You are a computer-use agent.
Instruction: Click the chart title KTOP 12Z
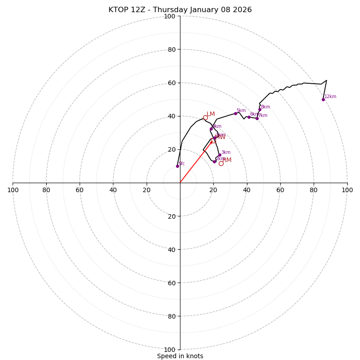pos(180,10)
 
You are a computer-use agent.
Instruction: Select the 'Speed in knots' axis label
pos(180,356)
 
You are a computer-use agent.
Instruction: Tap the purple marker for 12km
pos(323,99)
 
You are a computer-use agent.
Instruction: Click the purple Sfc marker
pos(177,166)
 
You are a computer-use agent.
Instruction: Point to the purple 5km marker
pos(235,113)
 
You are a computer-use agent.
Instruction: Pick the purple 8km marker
pos(260,109)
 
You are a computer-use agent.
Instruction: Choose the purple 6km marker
pos(249,117)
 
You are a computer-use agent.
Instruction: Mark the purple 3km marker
pos(220,155)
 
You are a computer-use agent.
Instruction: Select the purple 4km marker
pos(211,129)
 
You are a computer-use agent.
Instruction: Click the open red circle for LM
pos(205,117)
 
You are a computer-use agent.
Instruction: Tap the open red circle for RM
pos(221,163)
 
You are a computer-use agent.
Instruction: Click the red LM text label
pos(211,114)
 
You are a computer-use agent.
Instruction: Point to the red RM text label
pos(227,160)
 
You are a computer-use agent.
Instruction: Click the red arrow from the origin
pos(196,162)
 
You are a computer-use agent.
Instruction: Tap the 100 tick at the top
pos(170,16)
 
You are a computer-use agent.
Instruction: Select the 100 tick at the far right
pos(347,190)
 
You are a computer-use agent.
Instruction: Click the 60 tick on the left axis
pos(80,190)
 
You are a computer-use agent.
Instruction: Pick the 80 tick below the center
pos(170,316)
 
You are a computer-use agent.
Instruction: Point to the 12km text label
pos(330,97)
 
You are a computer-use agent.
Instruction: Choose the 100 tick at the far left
pos(13,190)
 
